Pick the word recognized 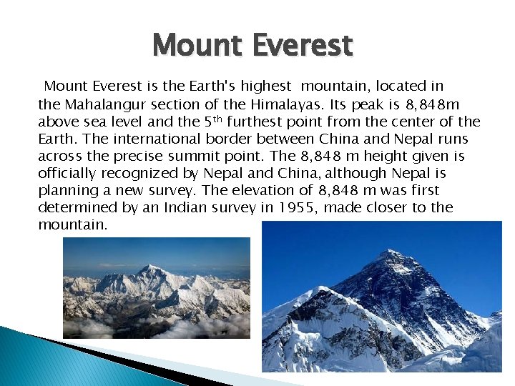coord(149,173)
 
